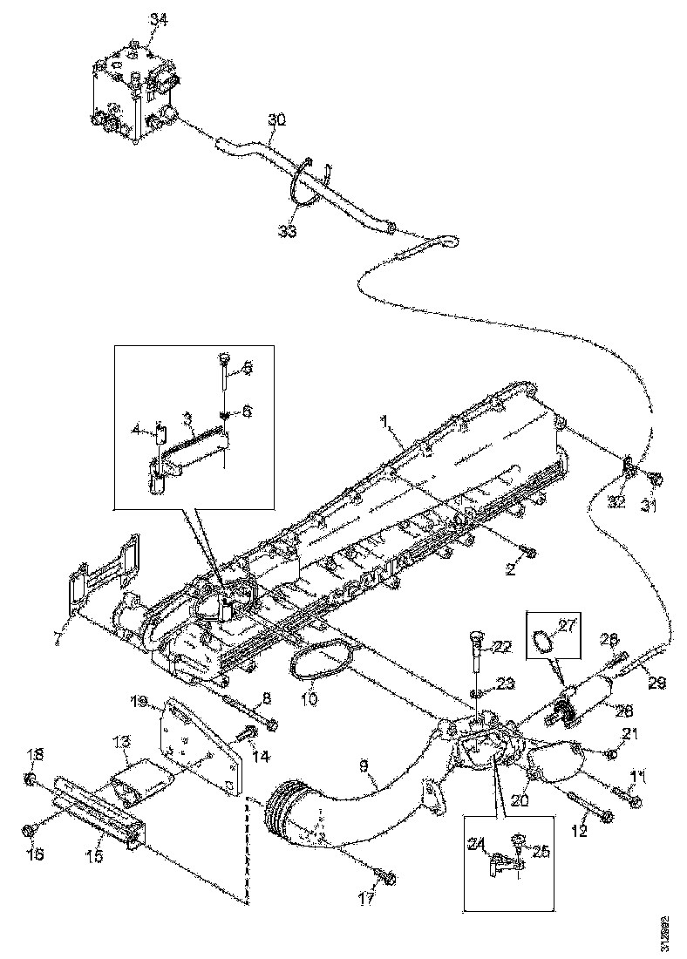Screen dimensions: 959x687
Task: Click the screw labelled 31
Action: (x=658, y=478)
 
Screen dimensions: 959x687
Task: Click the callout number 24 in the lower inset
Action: (x=476, y=843)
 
